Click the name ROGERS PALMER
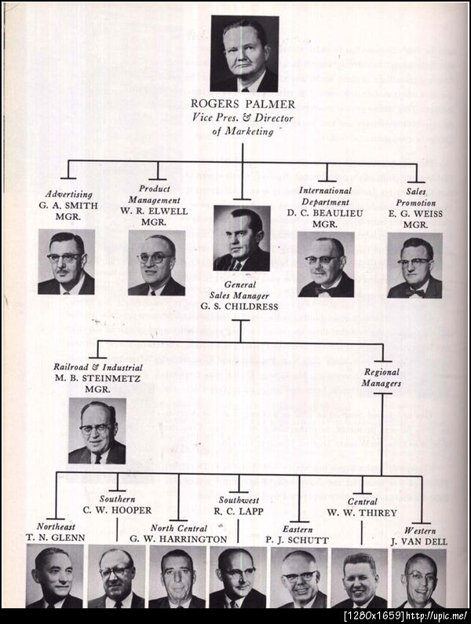pos(243,105)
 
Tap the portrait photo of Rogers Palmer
pos(244,53)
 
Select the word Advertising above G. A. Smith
pos(69,194)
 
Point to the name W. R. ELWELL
pos(154,211)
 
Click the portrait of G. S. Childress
pos(242,238)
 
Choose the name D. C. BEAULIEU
pos(325,213)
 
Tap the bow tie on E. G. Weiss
pos(415,292)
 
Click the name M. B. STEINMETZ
pos(97,378)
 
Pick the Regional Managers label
pos(382,377)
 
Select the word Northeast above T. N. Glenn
pos(56,527)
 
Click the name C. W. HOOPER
pos(117,510)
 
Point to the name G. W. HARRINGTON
pos(178,539)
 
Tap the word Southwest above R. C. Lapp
pos(239,500)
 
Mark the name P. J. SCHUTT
pos(297,541)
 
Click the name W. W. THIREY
pos(362,512)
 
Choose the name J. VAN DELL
pos(419,541)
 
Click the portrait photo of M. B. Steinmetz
pos(97,431)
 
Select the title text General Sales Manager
pos(239,290)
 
